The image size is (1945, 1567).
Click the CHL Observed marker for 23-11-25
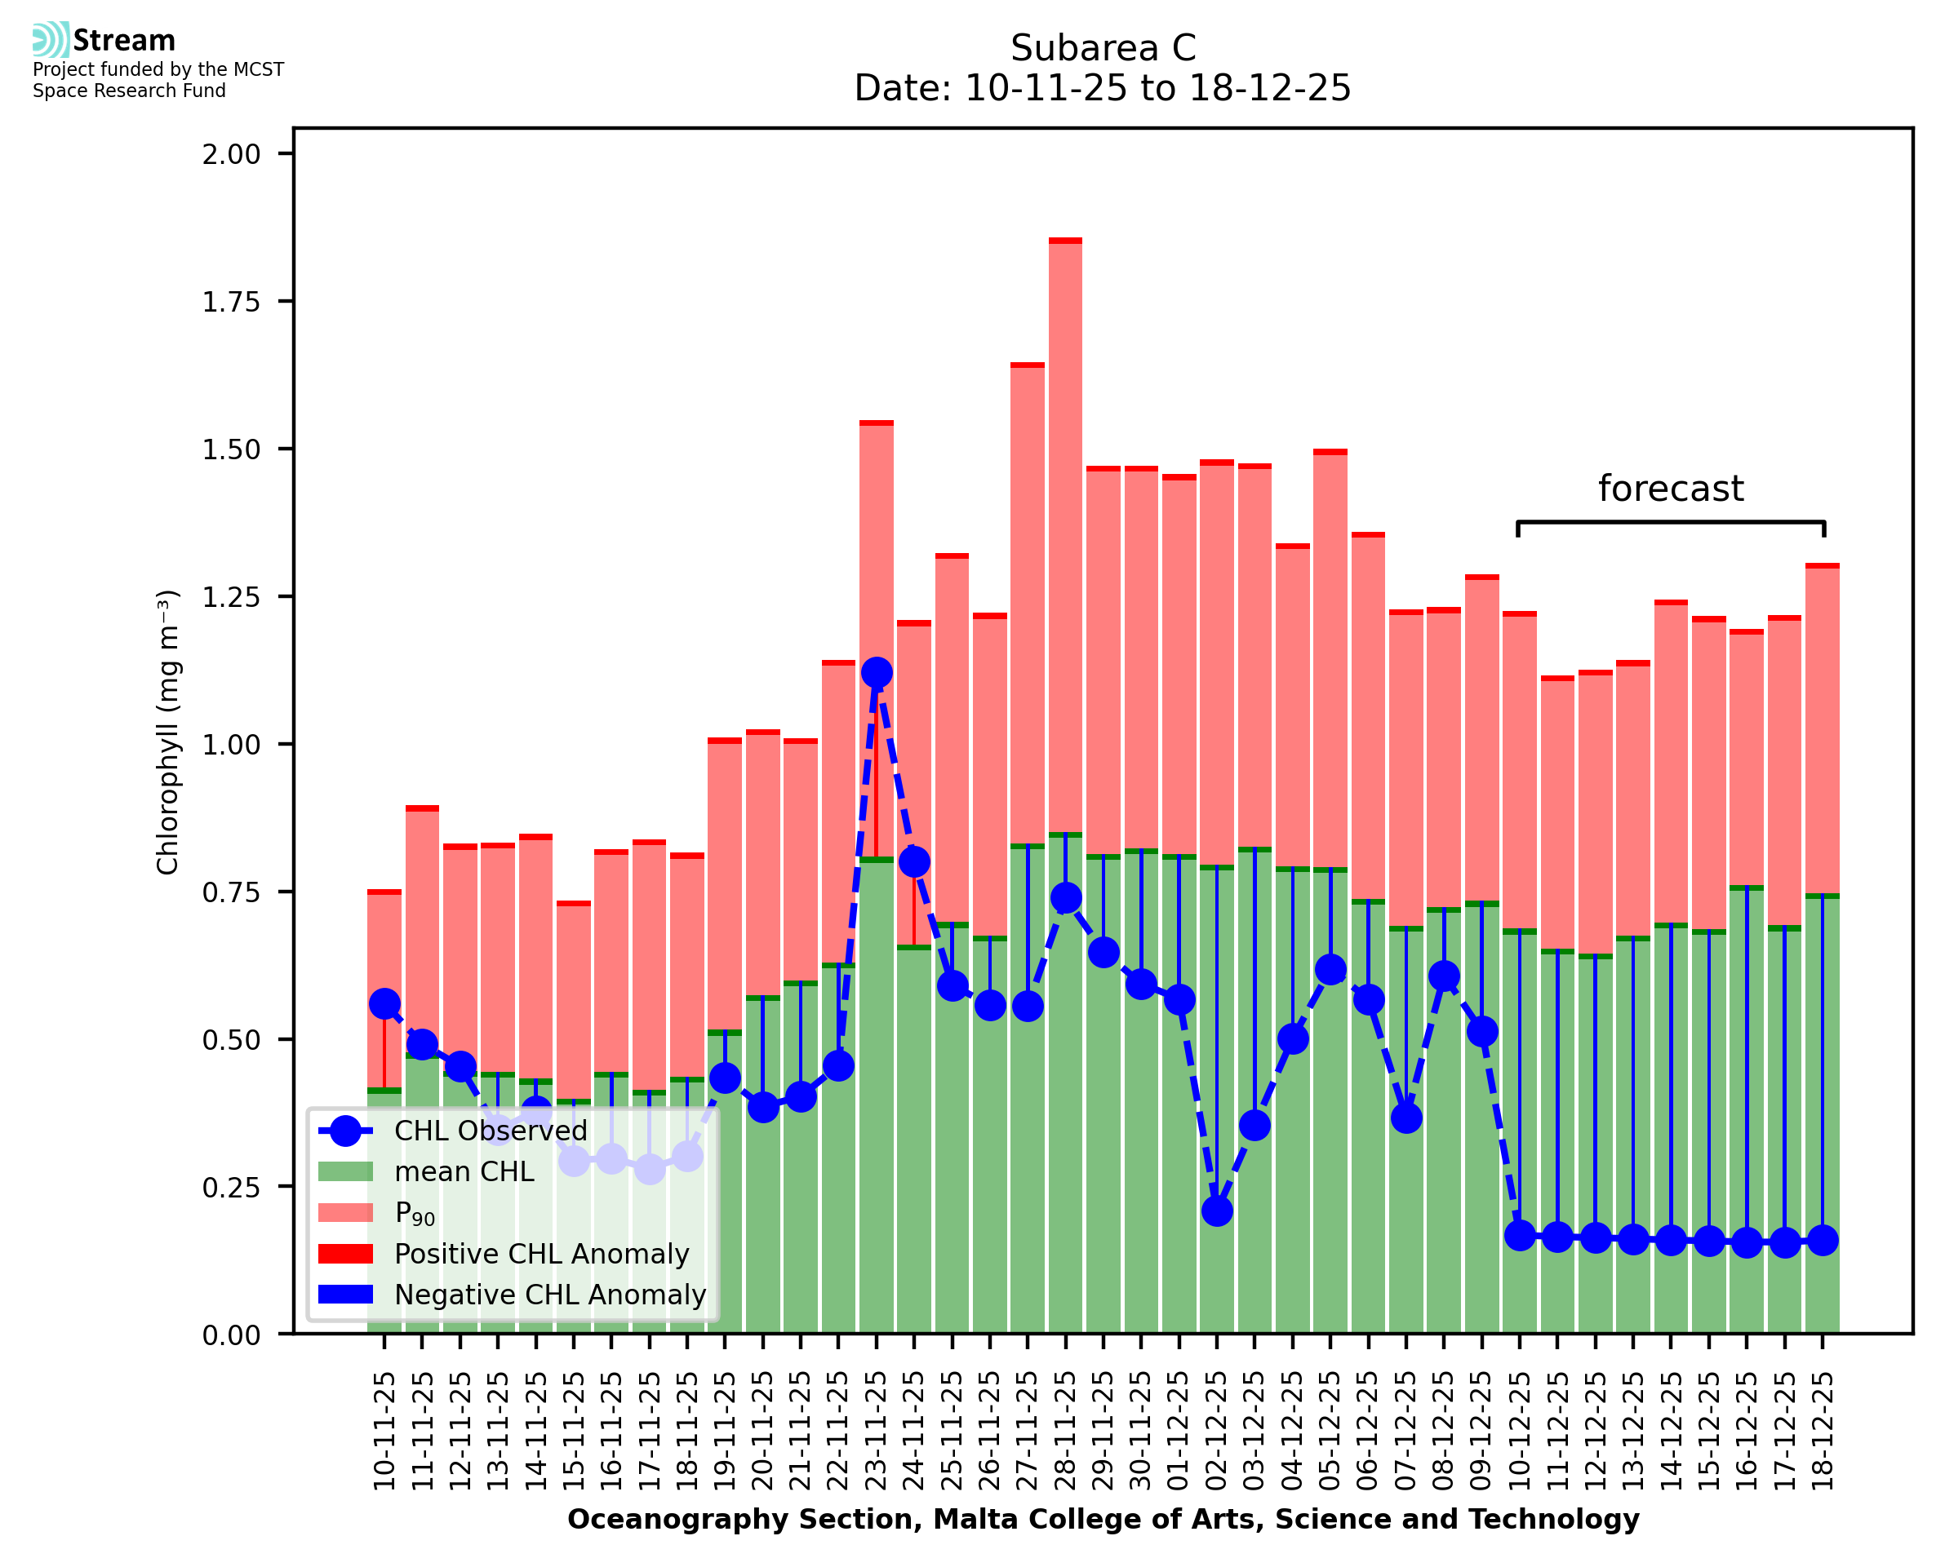coord(876,672)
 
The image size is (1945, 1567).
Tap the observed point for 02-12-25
coord(1216,1211)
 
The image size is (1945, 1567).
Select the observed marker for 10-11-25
coord(384,1004)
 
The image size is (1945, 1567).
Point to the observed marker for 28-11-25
coord(1065,897)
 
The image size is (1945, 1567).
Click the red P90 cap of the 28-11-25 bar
coord(1065,241)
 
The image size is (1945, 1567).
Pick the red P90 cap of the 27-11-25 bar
coord(1028,365)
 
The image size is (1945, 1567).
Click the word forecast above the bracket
coord(1671,489)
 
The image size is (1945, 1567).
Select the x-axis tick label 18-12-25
coord(1823,1431)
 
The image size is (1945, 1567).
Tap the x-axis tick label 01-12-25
coord(1179,1431)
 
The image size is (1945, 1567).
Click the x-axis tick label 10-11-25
coord(384,1431)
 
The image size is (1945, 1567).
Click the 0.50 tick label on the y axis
coord(231,1040)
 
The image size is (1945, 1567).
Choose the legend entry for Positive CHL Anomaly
coord(541,1254)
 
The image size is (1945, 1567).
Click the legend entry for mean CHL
coord(464,1171)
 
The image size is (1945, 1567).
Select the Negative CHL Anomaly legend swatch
coord(346,1295)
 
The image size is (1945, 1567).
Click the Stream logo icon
coord(51,40)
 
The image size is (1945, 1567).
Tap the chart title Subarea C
coord(1103,48)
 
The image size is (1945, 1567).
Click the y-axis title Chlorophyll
coord(168,732)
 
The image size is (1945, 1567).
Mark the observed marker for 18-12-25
coord(1823,1240)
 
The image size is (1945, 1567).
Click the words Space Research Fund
coord(129,91)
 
